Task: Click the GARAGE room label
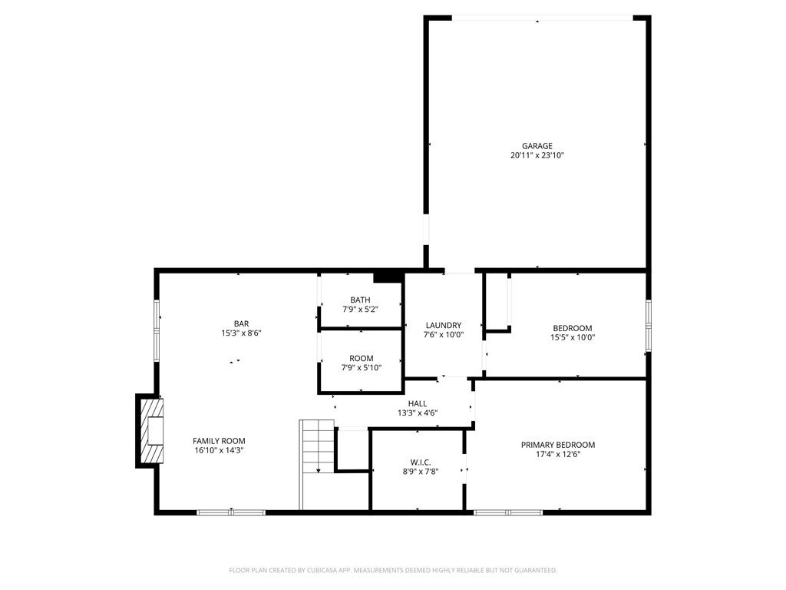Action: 537,146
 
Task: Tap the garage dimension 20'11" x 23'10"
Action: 537,155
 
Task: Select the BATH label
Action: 360,300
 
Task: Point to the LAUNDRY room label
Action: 443,325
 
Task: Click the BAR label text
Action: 241,323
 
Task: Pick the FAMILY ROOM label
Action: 219,441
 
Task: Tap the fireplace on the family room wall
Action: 150,430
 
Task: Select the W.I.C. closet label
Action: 420,462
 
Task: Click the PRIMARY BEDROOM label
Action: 557,445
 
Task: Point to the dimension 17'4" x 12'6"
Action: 557,454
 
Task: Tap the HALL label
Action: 418,403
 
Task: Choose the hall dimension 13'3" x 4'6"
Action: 418,413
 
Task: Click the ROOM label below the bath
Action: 361,358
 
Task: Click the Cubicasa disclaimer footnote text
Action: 392,570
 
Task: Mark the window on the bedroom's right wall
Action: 648,325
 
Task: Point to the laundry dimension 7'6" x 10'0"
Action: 443,334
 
